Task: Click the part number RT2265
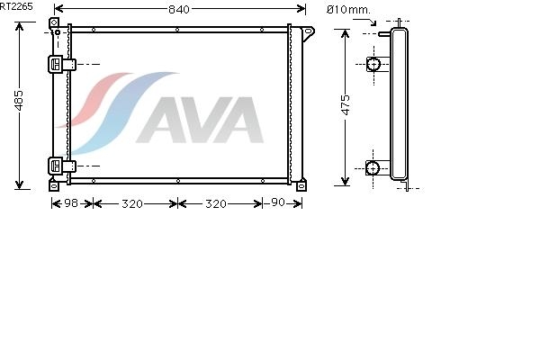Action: click(16, 6)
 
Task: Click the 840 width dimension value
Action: click(179, 9)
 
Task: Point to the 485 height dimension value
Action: click(19, 101)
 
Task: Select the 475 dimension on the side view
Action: click(345, 104)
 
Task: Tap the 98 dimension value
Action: click(71, 202)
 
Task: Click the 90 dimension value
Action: click(278, 202)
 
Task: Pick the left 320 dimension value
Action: click(132, 204)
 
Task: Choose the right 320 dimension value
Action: click(216, 204)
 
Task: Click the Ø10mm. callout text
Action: click(348, 10)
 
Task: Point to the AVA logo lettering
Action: click(200, 120)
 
